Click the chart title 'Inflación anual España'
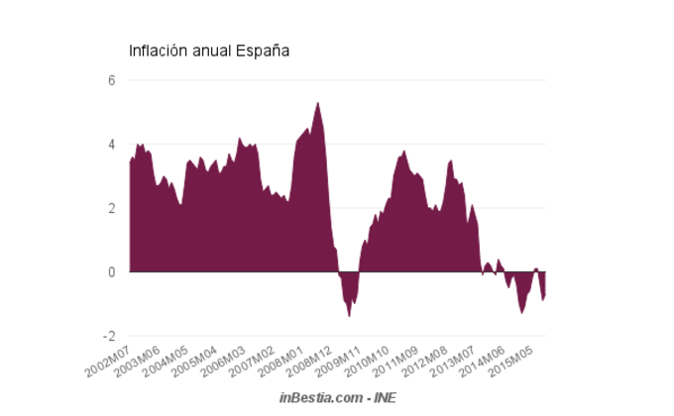click(x=209, y=51)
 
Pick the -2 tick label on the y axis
click(x=109, y=336)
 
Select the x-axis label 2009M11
click(x=339, y=363)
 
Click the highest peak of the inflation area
click(x=318, y=103)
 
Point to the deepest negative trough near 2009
click(x=349, y=315)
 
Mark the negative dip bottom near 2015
click(x=522, y=312)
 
